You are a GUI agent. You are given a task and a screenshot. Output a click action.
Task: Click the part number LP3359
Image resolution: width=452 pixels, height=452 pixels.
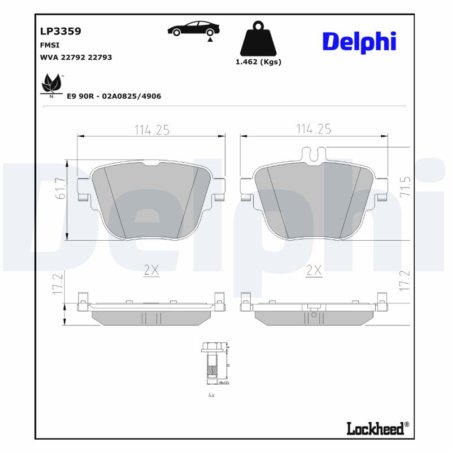pos(60,32)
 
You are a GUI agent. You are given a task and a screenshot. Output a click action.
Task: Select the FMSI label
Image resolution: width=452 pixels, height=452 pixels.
pos(50,45)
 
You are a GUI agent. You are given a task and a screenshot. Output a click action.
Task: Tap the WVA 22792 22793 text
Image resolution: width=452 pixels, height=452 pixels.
pos(76,57)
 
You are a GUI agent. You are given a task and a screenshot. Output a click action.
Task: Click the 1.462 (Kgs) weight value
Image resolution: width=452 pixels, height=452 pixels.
pos(258,62)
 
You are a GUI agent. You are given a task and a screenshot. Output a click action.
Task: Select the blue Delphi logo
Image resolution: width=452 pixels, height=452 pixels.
pos(359,42)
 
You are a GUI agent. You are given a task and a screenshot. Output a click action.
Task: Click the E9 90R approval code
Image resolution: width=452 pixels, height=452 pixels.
pos(114,96)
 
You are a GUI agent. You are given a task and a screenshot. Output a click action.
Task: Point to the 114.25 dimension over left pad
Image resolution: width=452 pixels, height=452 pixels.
pos(151,129)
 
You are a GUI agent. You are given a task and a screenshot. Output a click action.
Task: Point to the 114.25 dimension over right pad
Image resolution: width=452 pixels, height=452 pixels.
pos(314,129)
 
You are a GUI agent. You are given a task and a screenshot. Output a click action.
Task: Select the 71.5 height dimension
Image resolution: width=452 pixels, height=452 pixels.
pos(405,186)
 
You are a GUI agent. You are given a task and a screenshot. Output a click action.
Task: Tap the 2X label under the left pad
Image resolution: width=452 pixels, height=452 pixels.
pos(151,271)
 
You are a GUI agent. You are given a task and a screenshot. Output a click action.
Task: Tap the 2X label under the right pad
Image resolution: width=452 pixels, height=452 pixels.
pos(314,271)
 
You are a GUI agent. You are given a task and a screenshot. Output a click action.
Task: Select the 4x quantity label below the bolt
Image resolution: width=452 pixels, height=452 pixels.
pos(211,395)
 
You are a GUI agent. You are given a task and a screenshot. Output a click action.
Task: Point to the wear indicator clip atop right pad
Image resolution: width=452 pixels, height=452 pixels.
pos(314,153)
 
